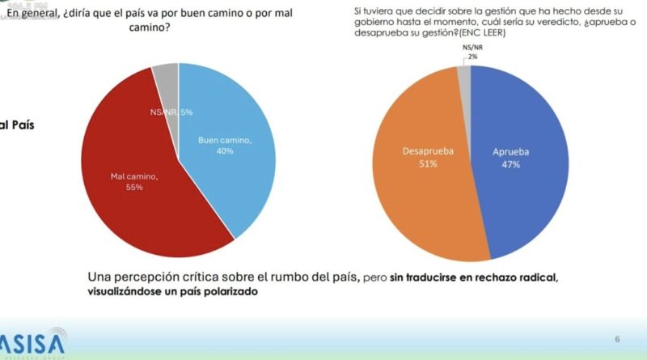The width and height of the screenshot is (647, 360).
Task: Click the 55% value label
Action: [133, 188]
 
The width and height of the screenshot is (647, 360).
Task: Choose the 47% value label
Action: [510, 164]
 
